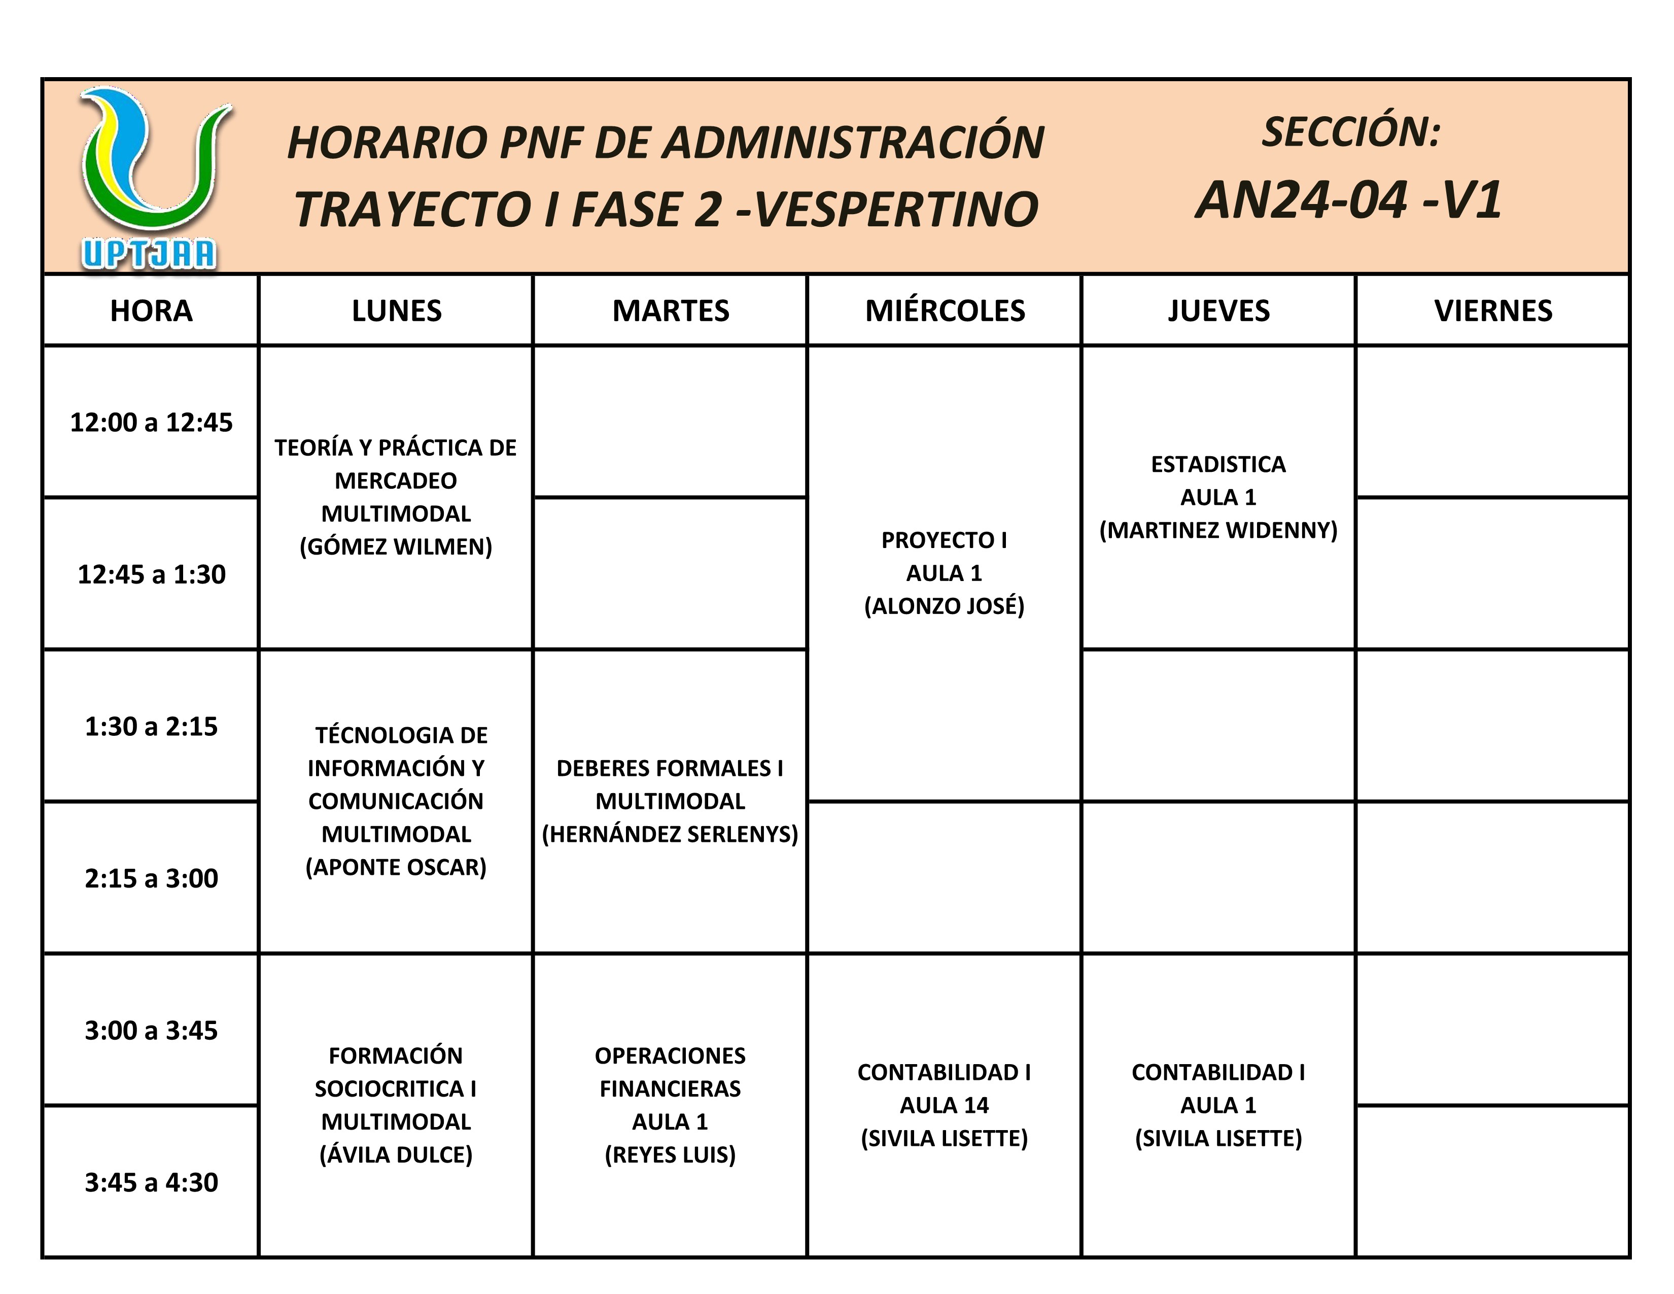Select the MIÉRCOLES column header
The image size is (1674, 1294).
(945, 311)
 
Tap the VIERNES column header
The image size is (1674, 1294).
(1492, 311)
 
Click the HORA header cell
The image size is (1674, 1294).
(151, 311)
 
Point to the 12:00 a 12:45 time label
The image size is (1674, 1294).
(151, 422)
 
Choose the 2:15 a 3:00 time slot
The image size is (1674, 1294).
(151, 878)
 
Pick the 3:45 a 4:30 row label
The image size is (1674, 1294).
(151, 1182)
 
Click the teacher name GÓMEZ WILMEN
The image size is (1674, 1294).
(396, 547)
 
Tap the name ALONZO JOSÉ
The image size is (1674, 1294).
(945, 605)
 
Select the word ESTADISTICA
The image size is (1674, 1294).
(1218, 464)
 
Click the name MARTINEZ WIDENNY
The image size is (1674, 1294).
(1218, 530)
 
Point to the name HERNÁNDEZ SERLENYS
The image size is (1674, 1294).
(670, 834)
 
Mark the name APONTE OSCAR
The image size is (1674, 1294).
(396, 867)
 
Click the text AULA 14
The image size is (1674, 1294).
(945, 1105)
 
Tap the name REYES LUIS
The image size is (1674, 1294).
(670, 1154)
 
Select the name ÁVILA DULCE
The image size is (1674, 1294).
(396, 1154)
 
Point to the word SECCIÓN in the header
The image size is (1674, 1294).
(1350, 132)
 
